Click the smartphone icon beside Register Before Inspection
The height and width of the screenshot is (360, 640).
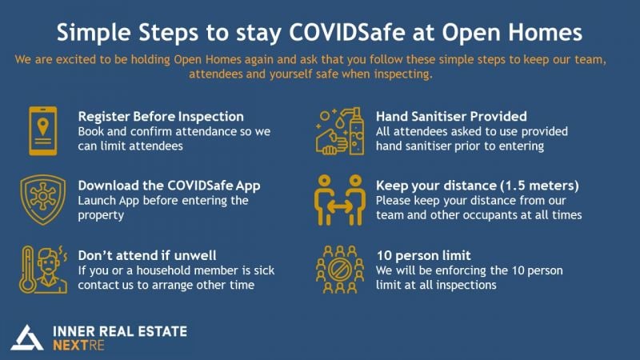point(43,130)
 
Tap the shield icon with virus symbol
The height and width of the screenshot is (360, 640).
point(43,199)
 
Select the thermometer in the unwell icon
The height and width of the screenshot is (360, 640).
point(27,270)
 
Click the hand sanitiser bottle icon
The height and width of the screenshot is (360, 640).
point(356,131)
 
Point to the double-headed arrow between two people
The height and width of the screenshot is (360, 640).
point(340,207)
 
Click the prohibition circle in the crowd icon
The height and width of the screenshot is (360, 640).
point(340,270)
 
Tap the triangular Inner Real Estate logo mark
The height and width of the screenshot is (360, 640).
point(27,338)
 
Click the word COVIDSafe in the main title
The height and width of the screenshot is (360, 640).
point(347,32)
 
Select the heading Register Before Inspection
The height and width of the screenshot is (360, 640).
point(161,117)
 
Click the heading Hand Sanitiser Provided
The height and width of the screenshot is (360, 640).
point(451,117)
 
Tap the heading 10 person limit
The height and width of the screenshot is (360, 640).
point(423,255)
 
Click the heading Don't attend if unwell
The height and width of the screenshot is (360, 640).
point(147,255)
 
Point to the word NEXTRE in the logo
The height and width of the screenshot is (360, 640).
point(78,346)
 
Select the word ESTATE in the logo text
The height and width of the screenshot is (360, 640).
point(162,331)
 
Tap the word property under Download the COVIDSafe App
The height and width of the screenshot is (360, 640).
point(101,215)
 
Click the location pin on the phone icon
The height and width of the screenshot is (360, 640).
point(43,126)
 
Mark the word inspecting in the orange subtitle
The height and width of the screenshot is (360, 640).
point(403,74)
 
